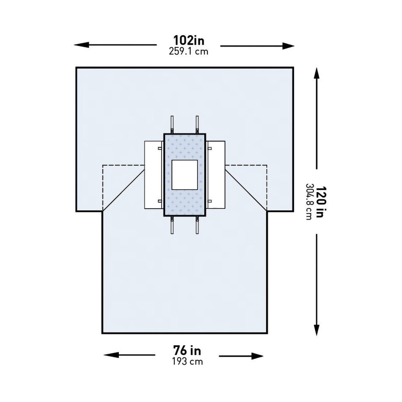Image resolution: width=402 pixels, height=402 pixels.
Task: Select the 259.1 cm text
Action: coord(189,51)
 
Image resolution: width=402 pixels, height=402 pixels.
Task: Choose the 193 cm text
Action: coord(187,361)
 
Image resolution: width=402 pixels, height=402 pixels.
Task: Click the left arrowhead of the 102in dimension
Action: coord(79,44)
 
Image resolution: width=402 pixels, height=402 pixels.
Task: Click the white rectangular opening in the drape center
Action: coord(184,175)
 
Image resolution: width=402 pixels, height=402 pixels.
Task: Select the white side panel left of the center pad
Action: coord(153,175)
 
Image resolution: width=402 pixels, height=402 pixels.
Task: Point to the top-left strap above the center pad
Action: coord(172,124)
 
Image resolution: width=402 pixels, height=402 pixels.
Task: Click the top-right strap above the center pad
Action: coord(197,124)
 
